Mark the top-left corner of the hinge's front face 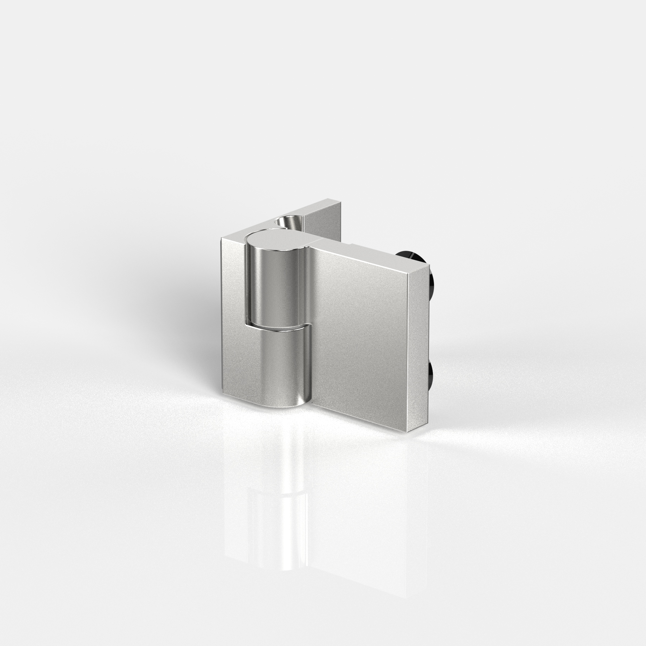pos(221,239)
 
